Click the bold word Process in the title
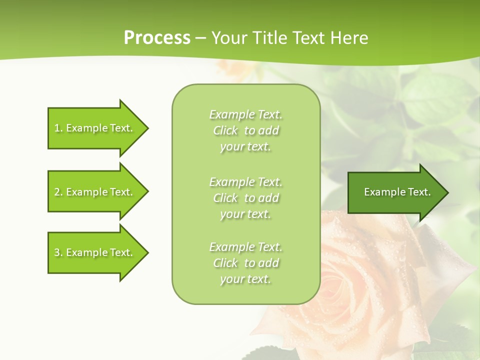[157, 38]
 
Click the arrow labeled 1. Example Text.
[95, 128]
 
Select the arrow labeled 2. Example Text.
[95, 192]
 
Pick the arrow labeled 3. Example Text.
[95, 252]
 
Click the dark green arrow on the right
[395, 192]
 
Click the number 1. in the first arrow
[58, 128]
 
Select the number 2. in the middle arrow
[58, 192]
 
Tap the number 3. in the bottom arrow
[58, 252]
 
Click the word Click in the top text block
[225, 130]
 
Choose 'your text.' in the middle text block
[245, 214]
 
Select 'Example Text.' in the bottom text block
[245, 247]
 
